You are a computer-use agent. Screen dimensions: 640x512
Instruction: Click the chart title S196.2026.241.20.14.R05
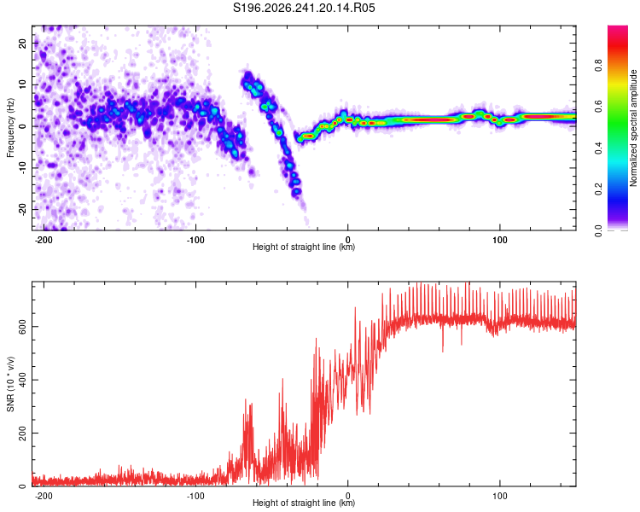click(x=304, y=8)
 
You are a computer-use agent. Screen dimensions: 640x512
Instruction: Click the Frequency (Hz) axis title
click(x=10, y=127)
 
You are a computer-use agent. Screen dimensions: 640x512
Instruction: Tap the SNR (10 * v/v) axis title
click(x=10, y=384)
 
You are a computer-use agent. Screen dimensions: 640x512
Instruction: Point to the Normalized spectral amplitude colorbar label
click(x=633, y=127)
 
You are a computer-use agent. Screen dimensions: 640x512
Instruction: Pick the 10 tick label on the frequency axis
click(x=22, y=85)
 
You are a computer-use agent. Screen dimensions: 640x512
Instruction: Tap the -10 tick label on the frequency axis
click(x=22, y=168)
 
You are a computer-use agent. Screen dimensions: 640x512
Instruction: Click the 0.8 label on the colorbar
click(x=599, y=66)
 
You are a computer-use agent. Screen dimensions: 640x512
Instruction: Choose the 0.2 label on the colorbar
click(x=599, y=189)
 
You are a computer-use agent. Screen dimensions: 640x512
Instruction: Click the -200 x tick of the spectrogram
click(x=44, y=240)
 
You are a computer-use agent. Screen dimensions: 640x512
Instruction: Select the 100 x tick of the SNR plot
click(x=499, y=496)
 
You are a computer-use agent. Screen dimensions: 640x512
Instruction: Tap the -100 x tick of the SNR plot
click(x=195, y=496)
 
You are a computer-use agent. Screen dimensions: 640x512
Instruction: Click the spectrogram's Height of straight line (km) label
click(x=304, y=247)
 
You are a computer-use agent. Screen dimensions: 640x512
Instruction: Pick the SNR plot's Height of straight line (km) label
click(x=304, y=503)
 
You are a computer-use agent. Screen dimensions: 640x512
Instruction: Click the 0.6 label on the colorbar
click(x=599, y=107)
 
